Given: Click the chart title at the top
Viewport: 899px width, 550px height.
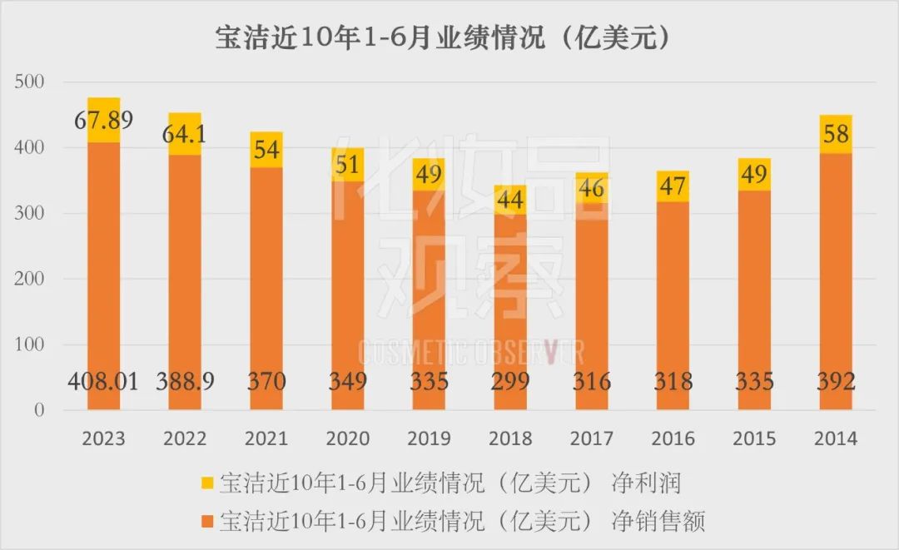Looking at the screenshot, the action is (443, 38).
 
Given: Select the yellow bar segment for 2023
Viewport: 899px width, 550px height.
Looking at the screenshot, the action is (103, 120).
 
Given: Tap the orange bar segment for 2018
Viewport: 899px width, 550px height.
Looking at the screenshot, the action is (510, 312).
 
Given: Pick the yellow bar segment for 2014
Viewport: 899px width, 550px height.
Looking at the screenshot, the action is (836, 134).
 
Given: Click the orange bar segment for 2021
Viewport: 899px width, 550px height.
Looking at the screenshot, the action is (266, 288).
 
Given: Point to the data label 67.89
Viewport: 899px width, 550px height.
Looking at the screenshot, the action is (103, 121).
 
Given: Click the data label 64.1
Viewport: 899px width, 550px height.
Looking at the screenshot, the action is (184, 134).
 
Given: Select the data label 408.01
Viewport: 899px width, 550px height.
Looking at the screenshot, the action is (103, 382).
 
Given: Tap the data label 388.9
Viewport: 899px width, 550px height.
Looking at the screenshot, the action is (185, 382).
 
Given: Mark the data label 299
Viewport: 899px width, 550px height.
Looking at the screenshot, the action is (510, 382).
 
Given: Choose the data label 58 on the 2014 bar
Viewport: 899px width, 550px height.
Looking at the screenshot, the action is (836, 134).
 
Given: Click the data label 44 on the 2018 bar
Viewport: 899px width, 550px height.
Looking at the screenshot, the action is (510, 200).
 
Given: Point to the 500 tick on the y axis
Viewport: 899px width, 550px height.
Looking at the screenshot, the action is (29, 82).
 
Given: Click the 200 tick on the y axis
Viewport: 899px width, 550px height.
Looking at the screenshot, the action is (29, 279).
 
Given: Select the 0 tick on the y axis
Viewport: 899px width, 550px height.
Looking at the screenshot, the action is (39, 410).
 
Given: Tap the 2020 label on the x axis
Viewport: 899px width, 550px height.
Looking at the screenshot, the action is (347, 439).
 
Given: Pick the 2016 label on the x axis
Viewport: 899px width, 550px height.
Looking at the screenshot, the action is (673, 439).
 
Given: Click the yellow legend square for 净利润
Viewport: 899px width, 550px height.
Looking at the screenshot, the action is (207, 483).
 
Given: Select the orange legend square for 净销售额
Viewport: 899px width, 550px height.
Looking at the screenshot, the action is (207, 522).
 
